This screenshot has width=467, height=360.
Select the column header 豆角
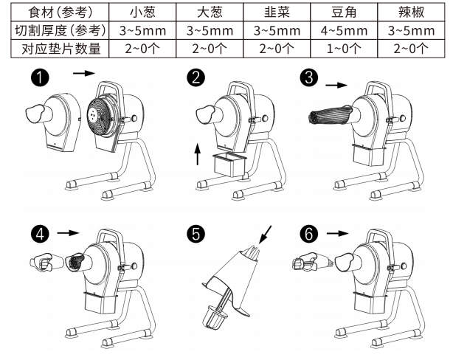click(343, 12)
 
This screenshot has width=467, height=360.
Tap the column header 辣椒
click(410, 12)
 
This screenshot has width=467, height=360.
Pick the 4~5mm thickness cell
click(343, 31)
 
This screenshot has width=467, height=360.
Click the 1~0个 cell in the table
click(343, 49)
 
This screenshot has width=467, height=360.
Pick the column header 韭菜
click(276, 12)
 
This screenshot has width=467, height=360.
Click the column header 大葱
click(209, 12)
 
